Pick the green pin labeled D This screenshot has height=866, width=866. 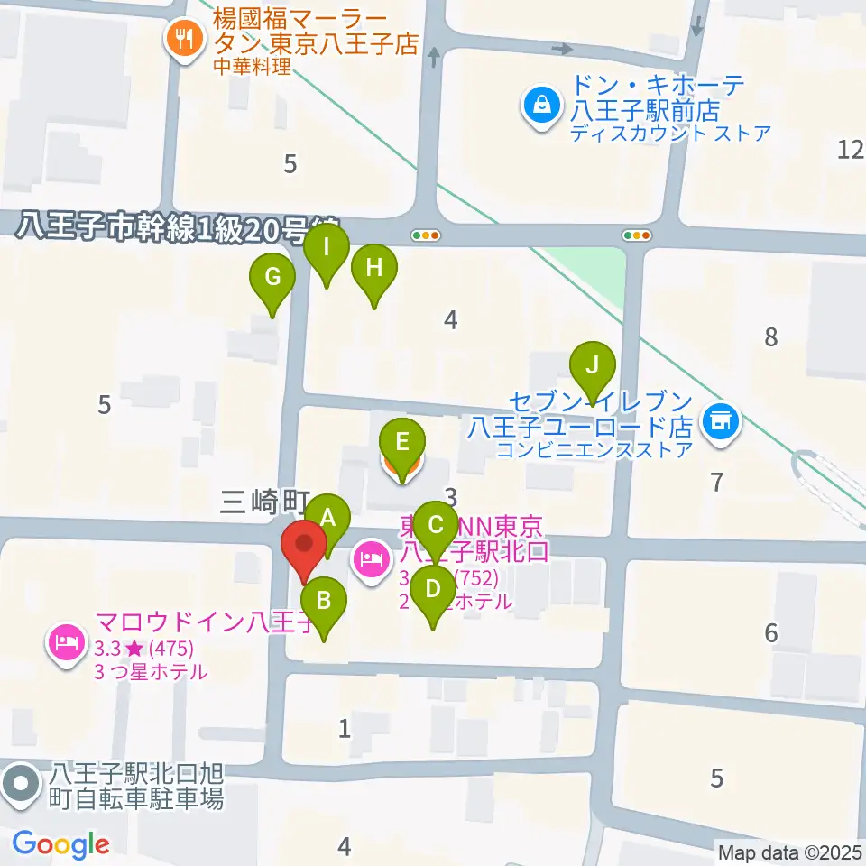tap(433, 591)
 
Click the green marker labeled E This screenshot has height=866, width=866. tap(401, 443)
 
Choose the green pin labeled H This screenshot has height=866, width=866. tap(373, 269)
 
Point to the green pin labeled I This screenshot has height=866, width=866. tap(327, 246)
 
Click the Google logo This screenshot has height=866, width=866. tap(60, 844)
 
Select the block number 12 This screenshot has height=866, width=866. tap(850, 150)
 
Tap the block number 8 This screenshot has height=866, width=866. tap(770, 337)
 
